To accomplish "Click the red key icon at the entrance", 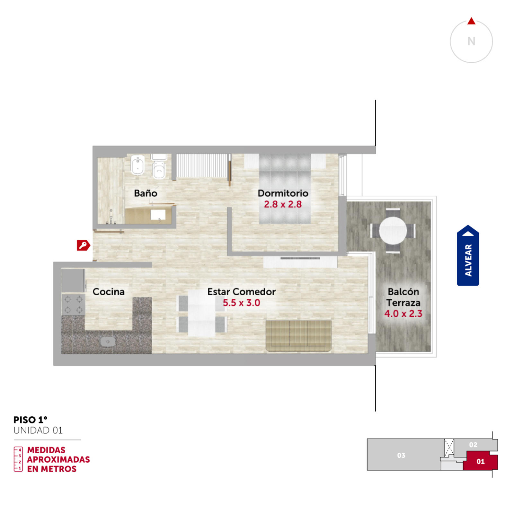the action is click(x=83, y=245).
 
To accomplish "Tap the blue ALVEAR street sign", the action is click(x=468, y=255).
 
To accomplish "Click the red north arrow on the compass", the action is click(x=471, y=21).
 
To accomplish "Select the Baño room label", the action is click(x=146, y=193).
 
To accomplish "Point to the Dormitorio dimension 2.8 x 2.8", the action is click(x=283, y=204).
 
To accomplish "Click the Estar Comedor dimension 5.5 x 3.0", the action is click(x=241, y=303).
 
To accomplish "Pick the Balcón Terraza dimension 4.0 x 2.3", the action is click(x=403, y=314).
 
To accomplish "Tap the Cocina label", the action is click(x=109, y=292).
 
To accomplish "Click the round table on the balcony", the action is click(x=393, y=230).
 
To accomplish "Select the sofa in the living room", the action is click(x=298, y=336).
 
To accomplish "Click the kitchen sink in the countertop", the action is click(x=108, y=341).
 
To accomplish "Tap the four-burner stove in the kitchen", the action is click(x=74, y=305).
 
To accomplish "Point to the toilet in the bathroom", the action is click(x=159, y=166).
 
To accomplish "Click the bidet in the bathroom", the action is click(x=137, y=165).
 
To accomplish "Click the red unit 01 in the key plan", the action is click(x=480, y=461).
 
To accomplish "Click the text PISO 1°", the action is click(x=31, y=420).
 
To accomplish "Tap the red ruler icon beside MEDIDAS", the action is click(x=18, y=459).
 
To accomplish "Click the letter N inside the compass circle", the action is click(x=471, y=41).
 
